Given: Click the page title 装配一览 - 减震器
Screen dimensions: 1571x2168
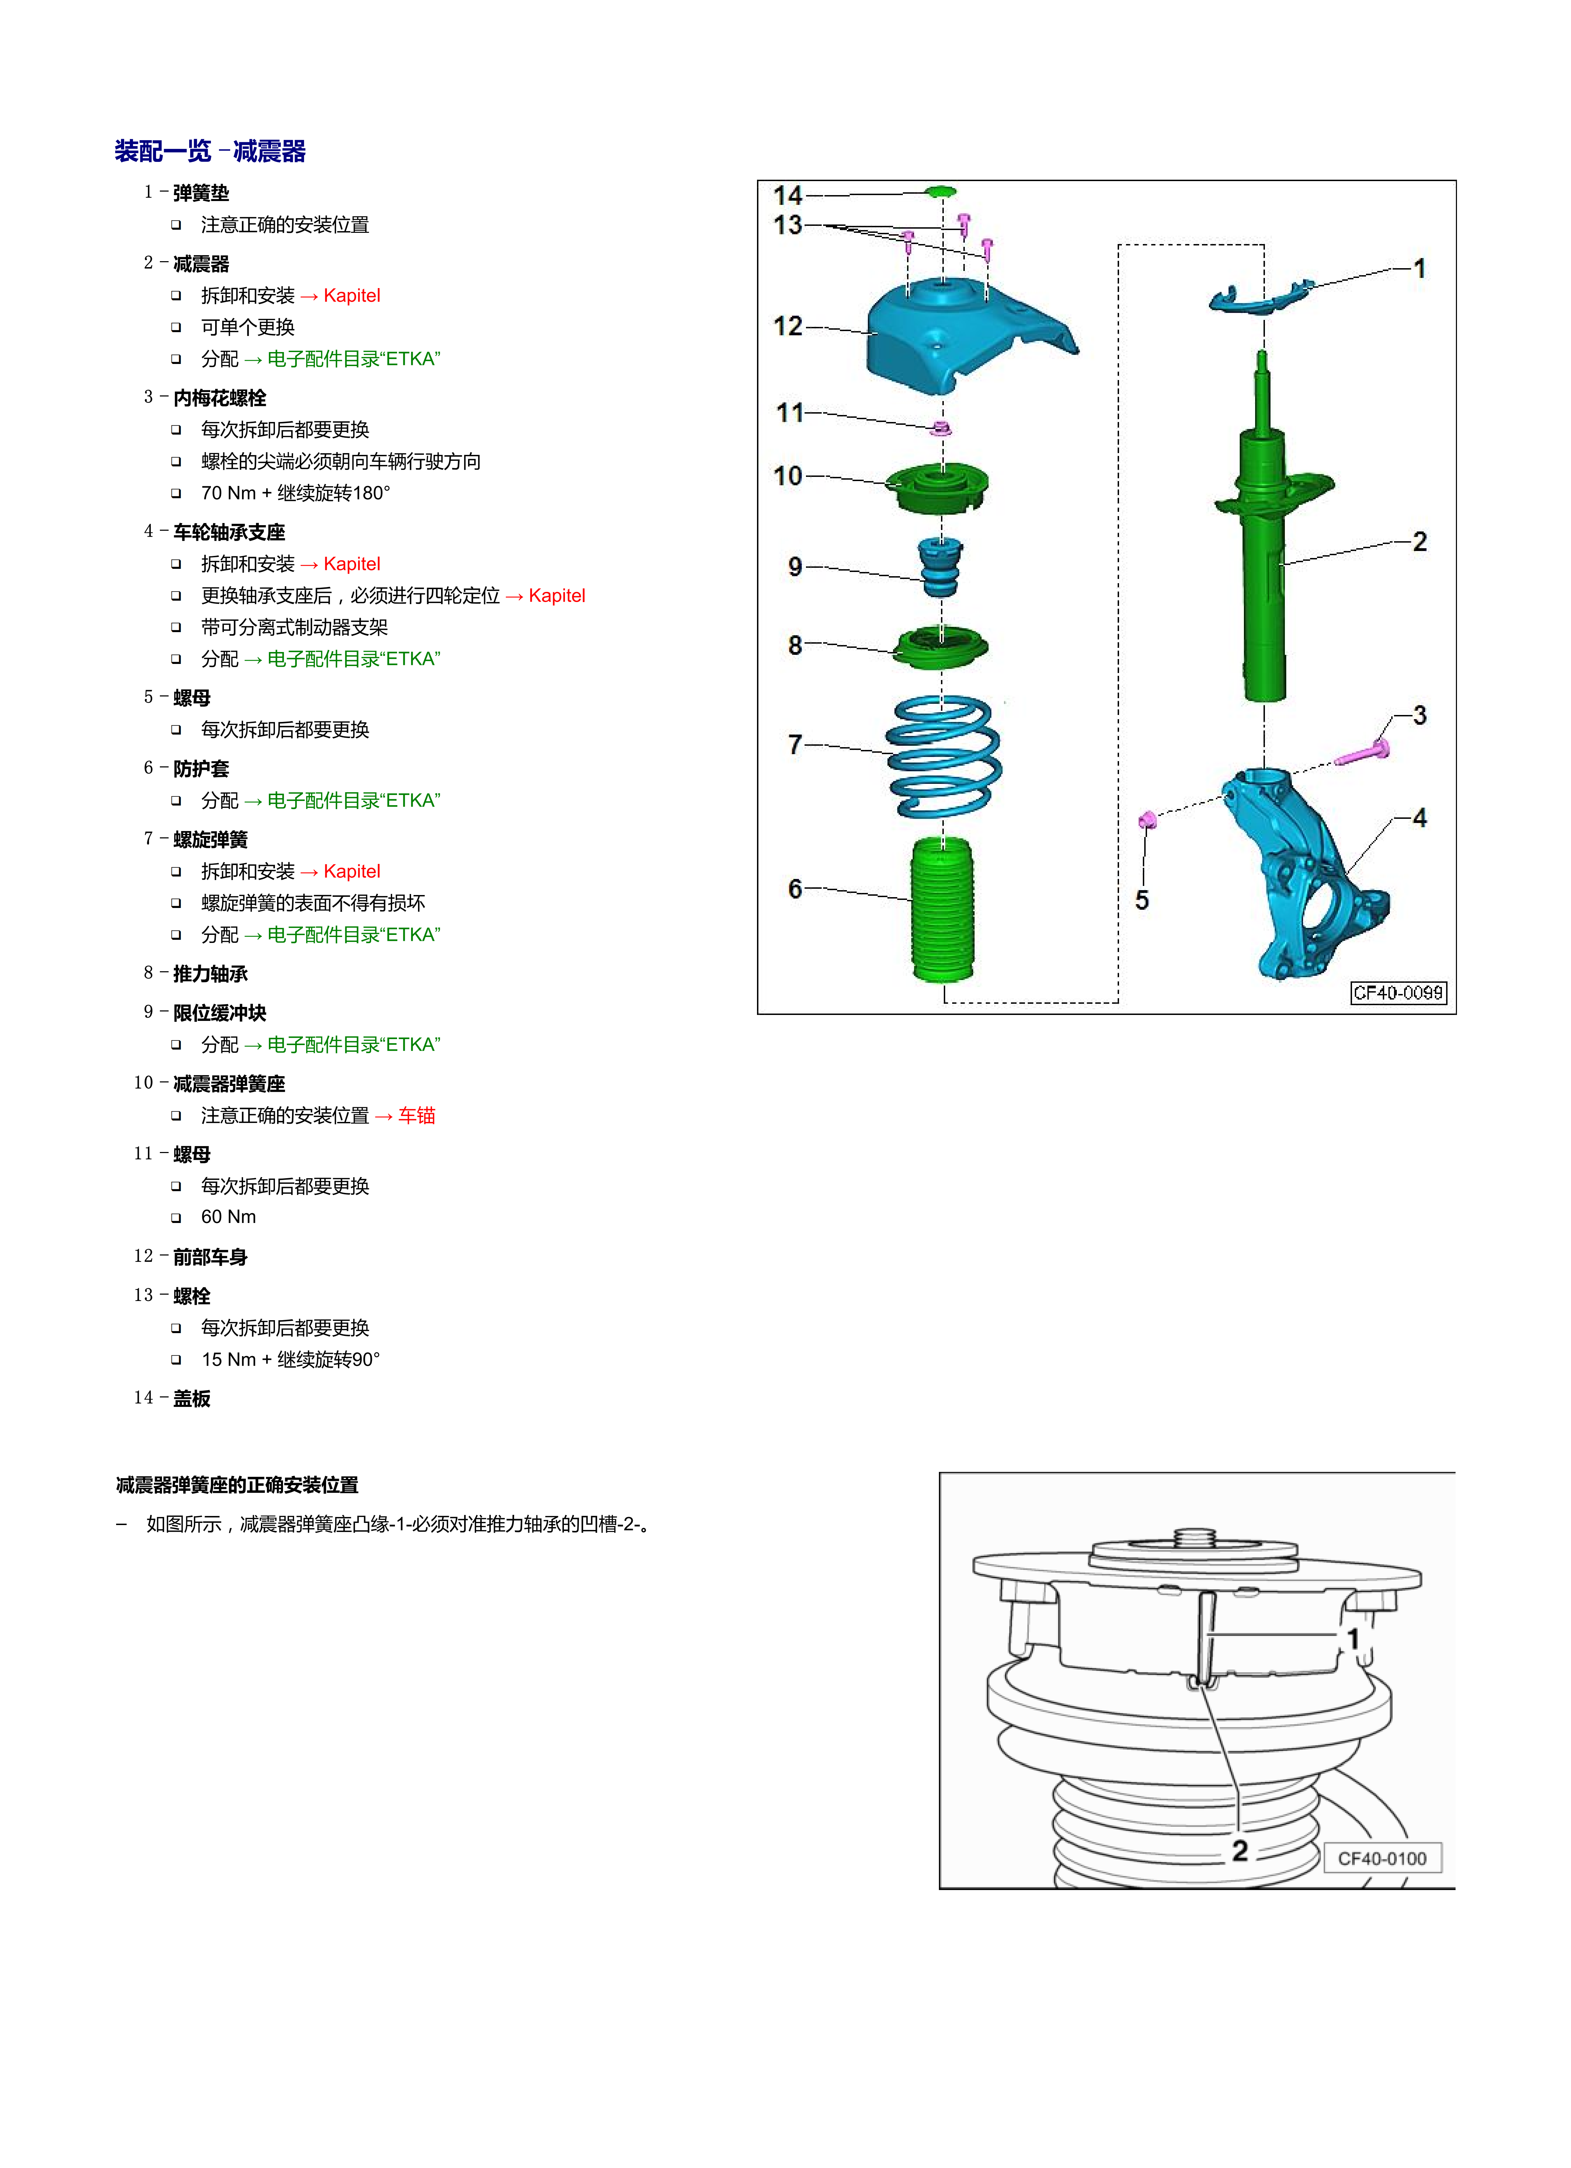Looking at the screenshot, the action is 210,151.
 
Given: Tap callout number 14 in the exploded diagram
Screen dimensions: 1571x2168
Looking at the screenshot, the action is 788,196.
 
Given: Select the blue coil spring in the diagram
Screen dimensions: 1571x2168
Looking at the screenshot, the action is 944,756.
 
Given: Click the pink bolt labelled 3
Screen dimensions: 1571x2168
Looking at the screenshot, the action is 1361,753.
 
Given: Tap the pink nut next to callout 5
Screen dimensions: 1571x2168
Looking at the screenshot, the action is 1147,819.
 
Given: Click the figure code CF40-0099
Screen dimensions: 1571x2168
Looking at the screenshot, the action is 1398,993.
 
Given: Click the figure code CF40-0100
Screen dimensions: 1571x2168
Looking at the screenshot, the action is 1382,1858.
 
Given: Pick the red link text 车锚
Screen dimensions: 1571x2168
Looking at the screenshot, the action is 417,1116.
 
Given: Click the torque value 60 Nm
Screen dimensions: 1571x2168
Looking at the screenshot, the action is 228,1217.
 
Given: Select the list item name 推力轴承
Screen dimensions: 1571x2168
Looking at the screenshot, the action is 210,974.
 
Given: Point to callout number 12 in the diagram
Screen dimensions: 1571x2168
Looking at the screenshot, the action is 788,327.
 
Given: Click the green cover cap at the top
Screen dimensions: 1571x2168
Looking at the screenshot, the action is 942,192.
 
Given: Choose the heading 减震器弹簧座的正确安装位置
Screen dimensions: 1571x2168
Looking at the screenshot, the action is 237,1484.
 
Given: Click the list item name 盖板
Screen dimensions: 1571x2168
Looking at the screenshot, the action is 191,1398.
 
